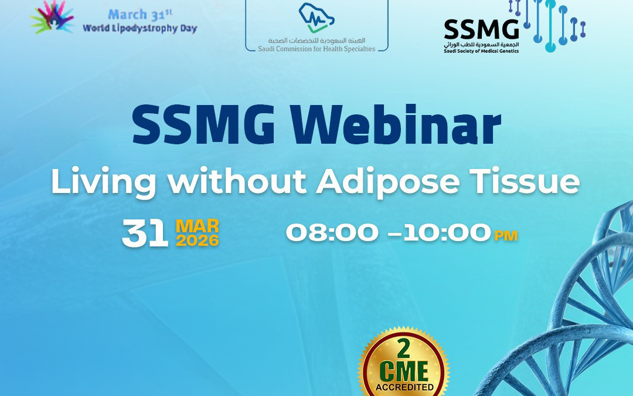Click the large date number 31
click(x=145, y=233)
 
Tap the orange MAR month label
click(x=198, y=226)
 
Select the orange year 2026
click(x=198, y=240)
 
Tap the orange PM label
click(x=506, y=236)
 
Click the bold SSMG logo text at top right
click(x=481, y=28)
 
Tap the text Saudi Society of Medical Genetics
click(x=481, y=51)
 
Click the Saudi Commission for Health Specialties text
click(x=316, y=48)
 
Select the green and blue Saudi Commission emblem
click(x=316, y=18)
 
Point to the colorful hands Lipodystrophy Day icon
click(x=53, y=16)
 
